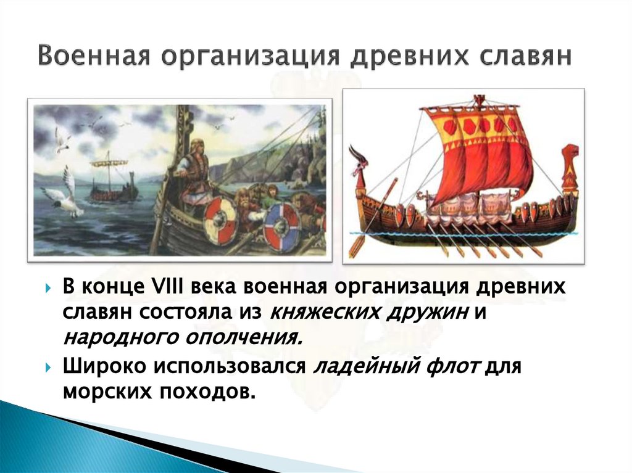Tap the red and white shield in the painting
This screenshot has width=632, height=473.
pyautogui.click(x=220, y=220)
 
